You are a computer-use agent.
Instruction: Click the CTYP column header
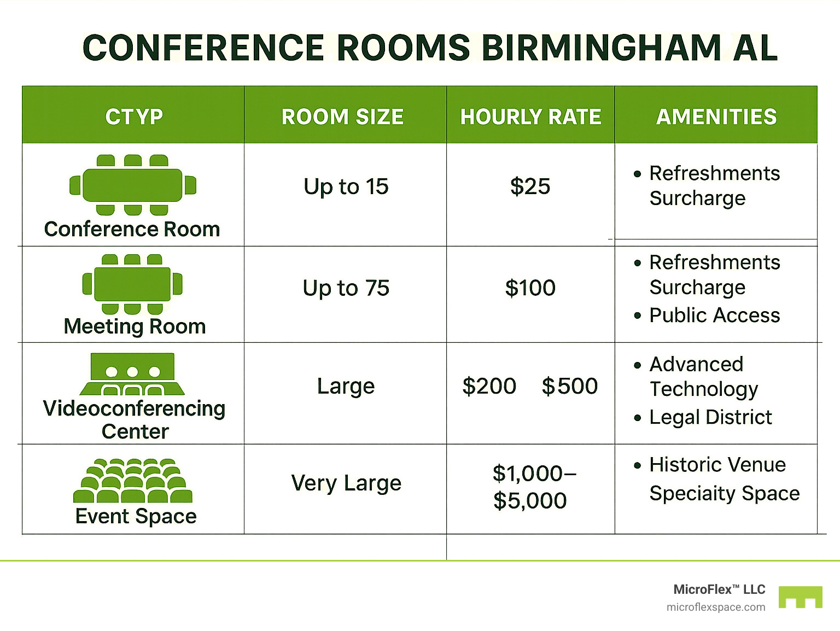click(x=134, y=117)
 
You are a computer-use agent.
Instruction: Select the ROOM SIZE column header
click(x=342, y=117)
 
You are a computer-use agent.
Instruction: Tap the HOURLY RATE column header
click(x=530, y=117)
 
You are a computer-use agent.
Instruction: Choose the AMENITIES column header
click(x=716, y=117)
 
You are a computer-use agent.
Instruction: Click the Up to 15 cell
click(x=346, y=187)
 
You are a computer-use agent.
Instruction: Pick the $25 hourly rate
click(x=530, y=186)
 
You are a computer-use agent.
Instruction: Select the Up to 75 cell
click(x=346, y=288)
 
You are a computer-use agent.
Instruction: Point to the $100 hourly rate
click(x=530, y=288)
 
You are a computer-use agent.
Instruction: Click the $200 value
click(x=489, y=386)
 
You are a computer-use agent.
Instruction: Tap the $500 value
click(x=569, y=386)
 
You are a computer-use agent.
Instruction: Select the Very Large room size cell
click(x=346, y=483)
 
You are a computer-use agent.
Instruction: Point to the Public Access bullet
click(x=714, y=315)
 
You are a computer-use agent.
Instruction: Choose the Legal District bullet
click(x=710, y=417)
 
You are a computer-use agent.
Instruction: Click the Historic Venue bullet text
click(x=717, y=465)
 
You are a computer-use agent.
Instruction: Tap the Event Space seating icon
click(x=133, y=481)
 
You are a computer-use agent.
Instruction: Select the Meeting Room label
click(x=135, y=326)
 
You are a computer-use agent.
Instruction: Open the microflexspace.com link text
click(x=716, y=607)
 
